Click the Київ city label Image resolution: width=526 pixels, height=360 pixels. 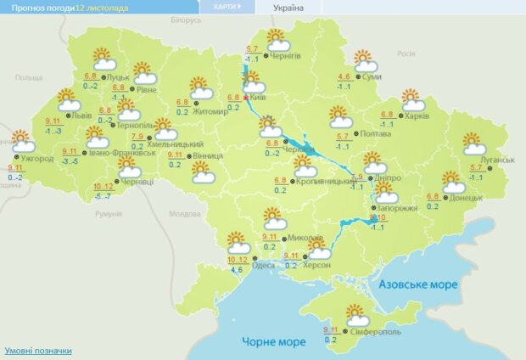(x=260, y=99)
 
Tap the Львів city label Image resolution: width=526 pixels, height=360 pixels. (x=81, y=114)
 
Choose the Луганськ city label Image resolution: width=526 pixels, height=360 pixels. (x=498, y=160)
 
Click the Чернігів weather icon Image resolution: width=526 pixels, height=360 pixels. (x=277, y=41)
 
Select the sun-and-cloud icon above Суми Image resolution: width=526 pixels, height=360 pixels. (x=365, y=62)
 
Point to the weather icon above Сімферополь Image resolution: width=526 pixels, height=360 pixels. (x=357, y=316)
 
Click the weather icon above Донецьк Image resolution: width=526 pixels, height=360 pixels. (x=454, y=182)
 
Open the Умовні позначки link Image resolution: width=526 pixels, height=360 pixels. (x=37, y=351)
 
